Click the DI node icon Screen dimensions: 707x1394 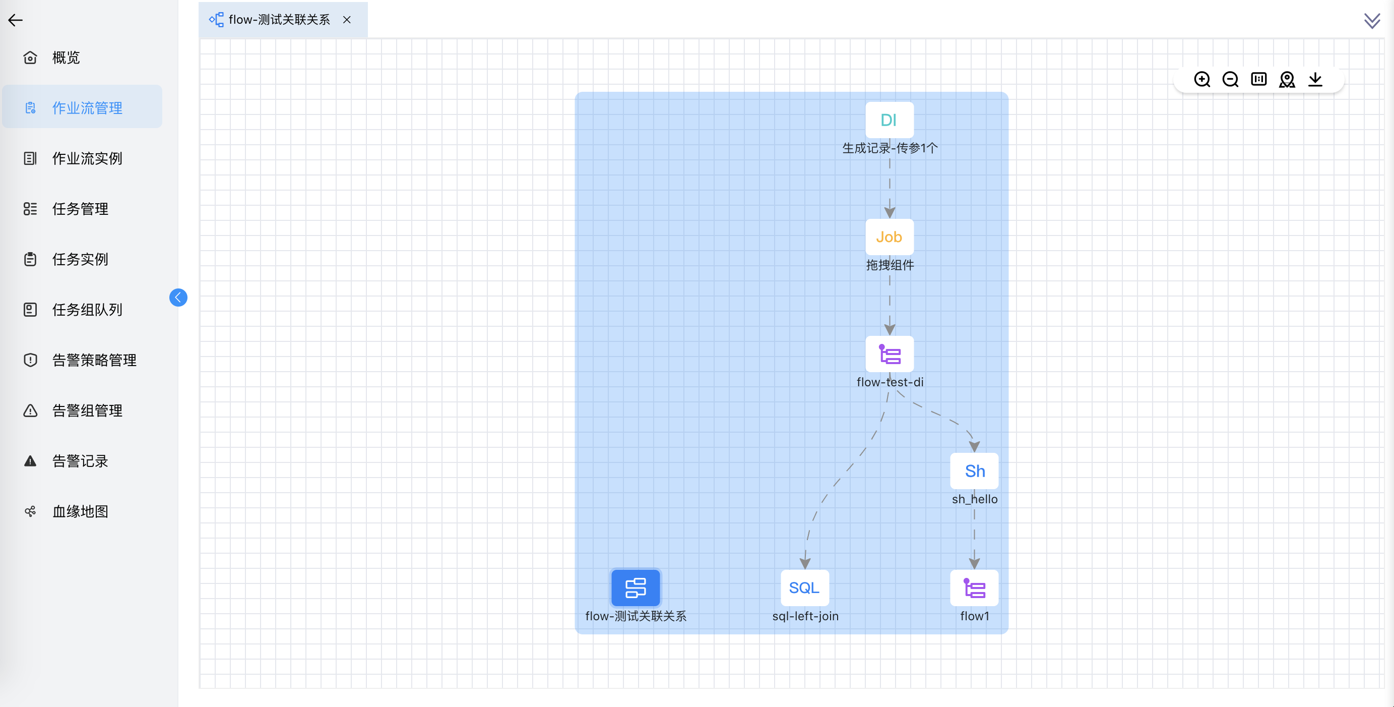coord(889,120)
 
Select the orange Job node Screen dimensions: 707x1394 coord(889,237)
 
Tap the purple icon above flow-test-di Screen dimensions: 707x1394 coord(889,355)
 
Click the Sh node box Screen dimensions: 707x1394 coord(974,471)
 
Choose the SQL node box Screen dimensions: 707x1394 coord(804,588)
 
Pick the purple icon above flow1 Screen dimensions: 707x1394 coord(974,588)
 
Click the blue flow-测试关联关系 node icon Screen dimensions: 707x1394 coord(636,588)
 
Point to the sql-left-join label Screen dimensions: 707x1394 coord(805,616)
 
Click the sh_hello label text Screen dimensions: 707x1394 coord(974,499)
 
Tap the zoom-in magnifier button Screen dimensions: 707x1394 coord(1202,80)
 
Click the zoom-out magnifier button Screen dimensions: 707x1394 coord(1230,80)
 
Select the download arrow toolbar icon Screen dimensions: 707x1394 coord(1315,80)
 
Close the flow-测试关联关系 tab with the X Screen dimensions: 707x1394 coord(347,20)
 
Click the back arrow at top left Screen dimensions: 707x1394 coord(15,21)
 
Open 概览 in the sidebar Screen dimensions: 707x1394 coord(66,57)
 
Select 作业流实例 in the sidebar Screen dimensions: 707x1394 coord(87,159)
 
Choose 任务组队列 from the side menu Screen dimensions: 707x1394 coord(87,310)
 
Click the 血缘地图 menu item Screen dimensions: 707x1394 coord(80,511)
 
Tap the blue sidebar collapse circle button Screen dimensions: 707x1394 coord(178,297)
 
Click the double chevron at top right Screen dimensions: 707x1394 coord(1372,21)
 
